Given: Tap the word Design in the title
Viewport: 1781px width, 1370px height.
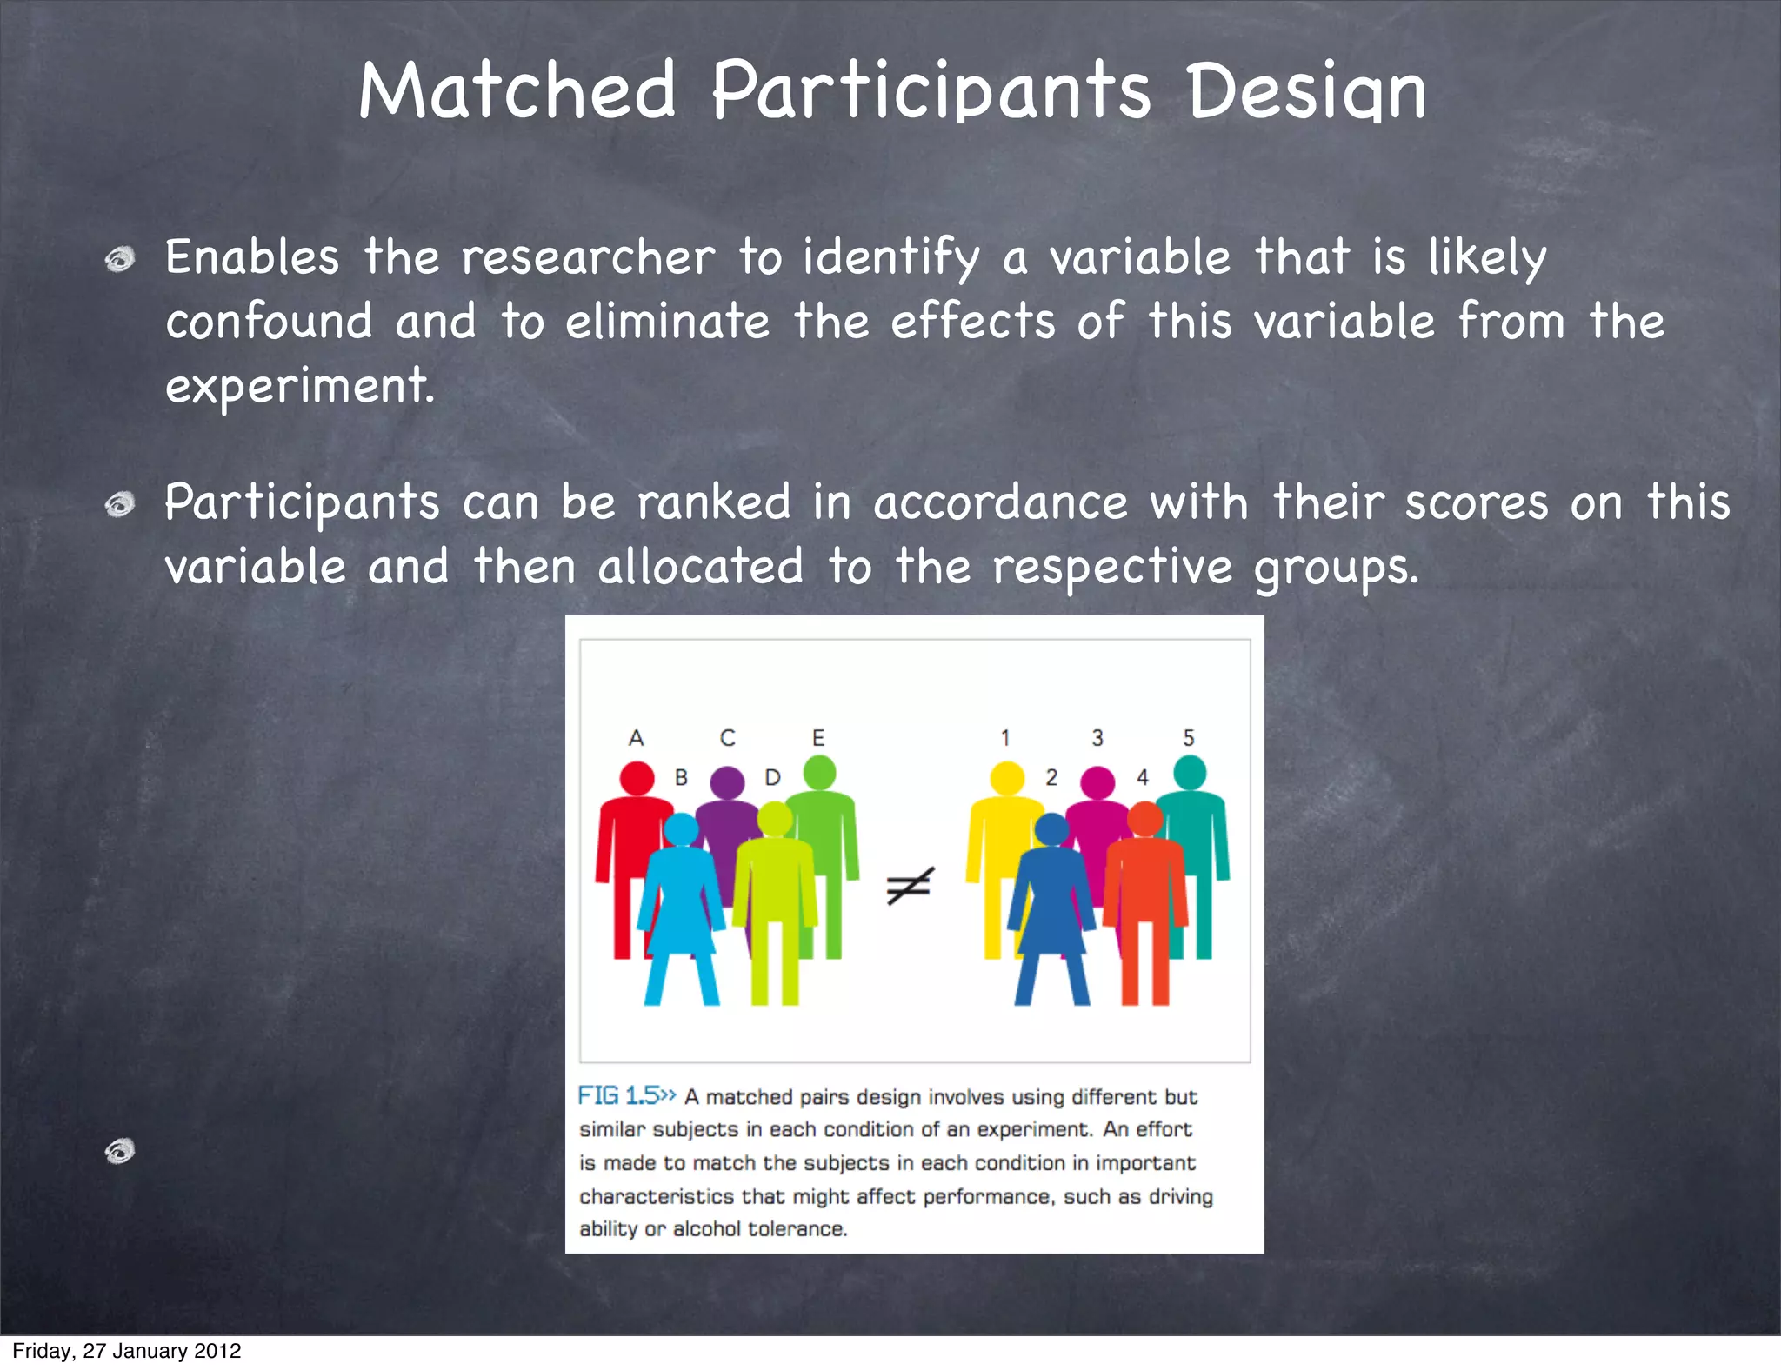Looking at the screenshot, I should tap(1306, 92).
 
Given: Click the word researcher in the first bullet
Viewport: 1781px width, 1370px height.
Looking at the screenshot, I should tap(588, 258).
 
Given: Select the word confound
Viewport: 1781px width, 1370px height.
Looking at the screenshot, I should tap(269, 322).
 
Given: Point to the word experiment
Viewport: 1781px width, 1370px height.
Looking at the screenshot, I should tap(299, 386).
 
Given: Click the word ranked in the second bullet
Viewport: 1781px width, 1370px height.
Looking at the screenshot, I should tap(713, 502).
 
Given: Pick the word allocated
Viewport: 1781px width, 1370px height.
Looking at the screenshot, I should tap(700, 567).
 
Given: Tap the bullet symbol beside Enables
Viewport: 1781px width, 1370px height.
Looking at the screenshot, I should tap(120, 259).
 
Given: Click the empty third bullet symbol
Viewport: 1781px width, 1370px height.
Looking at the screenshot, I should tap(120, 1151).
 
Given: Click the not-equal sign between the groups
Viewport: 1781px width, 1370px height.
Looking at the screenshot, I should tap(910, 886).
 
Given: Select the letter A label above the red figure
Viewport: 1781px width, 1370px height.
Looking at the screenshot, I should tap(636, 738).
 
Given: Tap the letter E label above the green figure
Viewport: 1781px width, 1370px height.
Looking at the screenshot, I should tap(818, 738).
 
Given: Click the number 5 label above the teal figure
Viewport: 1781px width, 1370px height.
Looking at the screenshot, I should tap(1189, 738).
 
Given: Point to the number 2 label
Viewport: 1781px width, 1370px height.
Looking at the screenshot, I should tap(1051, 777).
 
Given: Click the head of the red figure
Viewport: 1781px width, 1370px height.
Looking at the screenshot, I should tap(637, 778).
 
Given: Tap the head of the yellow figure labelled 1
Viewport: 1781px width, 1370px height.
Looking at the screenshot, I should tap(1007, 778).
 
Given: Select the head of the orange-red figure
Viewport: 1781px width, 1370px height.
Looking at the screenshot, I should tap(1145, 819).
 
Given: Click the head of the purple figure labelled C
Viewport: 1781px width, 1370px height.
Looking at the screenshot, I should tap(727, 782).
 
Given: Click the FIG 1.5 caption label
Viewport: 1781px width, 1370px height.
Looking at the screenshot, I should tap(625, 1095).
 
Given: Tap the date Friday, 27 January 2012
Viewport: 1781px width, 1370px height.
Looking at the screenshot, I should tap(127, 1351).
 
